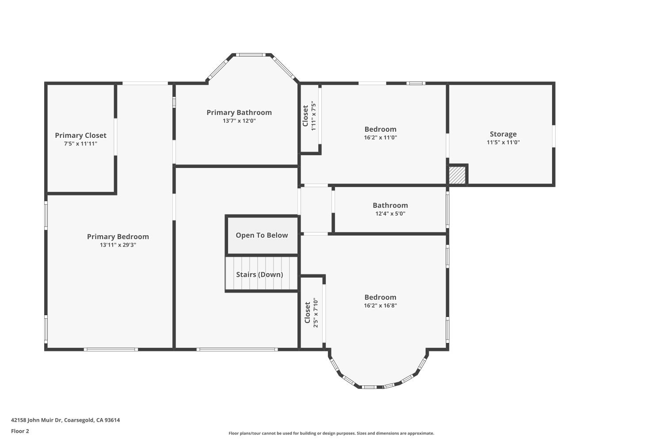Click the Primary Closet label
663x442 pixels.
pos(80,136)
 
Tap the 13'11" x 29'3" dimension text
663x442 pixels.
pos(118,245)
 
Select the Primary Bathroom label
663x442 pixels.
pos(239,113)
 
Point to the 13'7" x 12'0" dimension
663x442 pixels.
pos(239,121)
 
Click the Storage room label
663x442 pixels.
pos(503,134)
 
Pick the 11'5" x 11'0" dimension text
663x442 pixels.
pos(503,142)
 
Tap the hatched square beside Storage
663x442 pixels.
pos(457,175)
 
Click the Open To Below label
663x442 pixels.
pos(262,235)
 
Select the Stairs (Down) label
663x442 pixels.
pos(259,275)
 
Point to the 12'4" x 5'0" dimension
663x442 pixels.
pos(390,213)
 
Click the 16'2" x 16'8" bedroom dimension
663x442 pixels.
pos(380,305)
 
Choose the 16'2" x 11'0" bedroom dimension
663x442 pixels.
pos(380,137)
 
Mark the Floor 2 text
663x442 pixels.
pos(20,431)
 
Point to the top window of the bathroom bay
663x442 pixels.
pos(251,55)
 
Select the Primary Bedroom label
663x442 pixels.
pos(118,237)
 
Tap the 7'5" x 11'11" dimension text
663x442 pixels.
pos(80,144)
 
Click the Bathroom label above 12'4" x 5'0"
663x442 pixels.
pos(390,206)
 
